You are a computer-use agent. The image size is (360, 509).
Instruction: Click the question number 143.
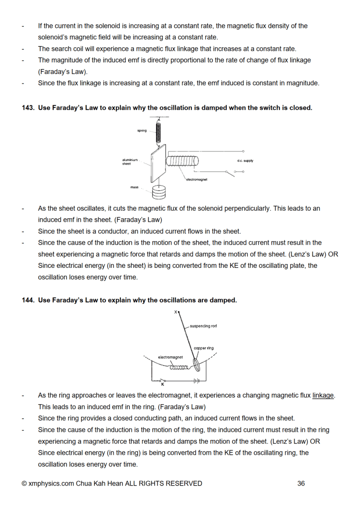28,108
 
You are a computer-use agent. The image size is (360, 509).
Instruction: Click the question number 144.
28,300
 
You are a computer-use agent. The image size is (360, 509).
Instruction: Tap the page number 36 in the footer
301,483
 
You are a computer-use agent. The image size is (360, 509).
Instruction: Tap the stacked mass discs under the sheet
159,191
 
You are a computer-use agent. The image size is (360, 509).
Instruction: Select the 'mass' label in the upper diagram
134,187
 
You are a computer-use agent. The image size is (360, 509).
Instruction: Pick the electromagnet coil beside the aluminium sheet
182,161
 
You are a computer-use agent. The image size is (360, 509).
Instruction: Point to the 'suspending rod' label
203,326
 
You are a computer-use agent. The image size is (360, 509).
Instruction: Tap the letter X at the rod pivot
176,312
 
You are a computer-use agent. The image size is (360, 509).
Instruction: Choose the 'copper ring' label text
204,348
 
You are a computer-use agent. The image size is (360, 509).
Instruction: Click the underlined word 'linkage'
324,395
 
